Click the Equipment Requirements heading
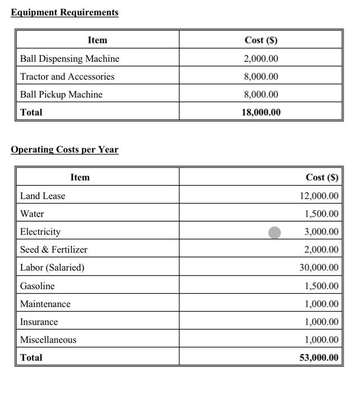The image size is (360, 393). [x=64, y=12]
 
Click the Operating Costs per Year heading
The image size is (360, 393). [x=64, y=150]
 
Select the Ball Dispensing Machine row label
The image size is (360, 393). [x=70, y=58]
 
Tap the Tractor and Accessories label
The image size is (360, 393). [x=67, y=76]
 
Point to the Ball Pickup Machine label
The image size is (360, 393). [x=61, y=94]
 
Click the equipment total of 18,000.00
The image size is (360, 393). [x=261, y=112]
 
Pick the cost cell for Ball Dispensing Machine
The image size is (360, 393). [x=261, y=58]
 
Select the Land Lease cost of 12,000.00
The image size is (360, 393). [x=319, y=196]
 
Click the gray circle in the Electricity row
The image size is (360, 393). [x=275, y=232]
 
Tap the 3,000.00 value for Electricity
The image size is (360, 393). [x=321, y=232]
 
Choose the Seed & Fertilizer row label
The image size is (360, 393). [x=54, y=250]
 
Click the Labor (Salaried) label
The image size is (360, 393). [x=52, y=268]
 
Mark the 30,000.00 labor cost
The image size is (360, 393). [x=319, y=268]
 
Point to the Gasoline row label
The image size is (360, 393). [x=38, y=286]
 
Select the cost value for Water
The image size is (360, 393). [x=321, y=214]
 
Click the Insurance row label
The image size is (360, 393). [x=39, y=322]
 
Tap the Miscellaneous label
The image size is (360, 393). [x=48, y=340]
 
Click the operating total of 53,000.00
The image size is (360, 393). [x=319, y=358]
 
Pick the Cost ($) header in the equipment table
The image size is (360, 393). [x=261, y=40]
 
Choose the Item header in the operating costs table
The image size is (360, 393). [x=80, y=177]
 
